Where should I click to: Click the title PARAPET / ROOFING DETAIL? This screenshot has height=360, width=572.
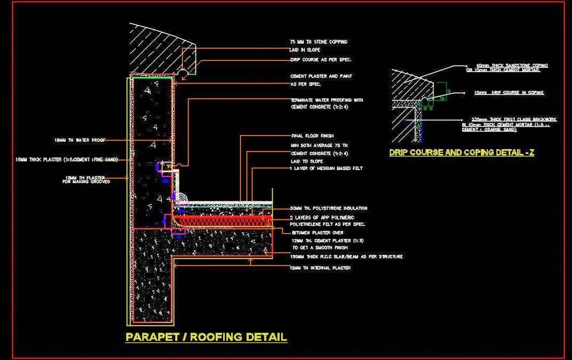(206, 337)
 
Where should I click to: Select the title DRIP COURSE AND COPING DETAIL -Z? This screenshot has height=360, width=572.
(461, 153)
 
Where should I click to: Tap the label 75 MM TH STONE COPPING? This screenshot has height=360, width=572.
(318, 42)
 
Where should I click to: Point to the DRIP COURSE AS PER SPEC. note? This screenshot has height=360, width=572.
(320, 60)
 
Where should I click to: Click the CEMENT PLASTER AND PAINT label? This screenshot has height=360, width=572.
(321, 76)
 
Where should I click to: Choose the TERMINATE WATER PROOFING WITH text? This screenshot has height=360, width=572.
(326, 100)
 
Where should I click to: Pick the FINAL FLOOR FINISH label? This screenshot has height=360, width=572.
(312, 136)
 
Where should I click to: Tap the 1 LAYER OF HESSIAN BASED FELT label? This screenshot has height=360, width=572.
(326, 168)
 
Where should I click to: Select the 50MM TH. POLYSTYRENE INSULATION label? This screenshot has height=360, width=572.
(329, 208)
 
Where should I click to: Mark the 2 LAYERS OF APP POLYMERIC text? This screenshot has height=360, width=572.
(322, 218)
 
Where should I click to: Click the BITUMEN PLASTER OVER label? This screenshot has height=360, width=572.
(317, 233)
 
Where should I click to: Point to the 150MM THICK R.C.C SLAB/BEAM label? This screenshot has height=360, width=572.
(346, 257)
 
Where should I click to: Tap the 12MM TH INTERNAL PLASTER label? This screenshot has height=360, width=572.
(320, 268)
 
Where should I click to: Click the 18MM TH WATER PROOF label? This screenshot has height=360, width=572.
(79, 140)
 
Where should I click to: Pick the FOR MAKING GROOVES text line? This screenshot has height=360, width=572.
(86, 182)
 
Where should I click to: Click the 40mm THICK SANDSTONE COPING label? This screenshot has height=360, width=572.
(507, 66)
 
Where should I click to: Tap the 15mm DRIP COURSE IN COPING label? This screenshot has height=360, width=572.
(509, 93)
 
